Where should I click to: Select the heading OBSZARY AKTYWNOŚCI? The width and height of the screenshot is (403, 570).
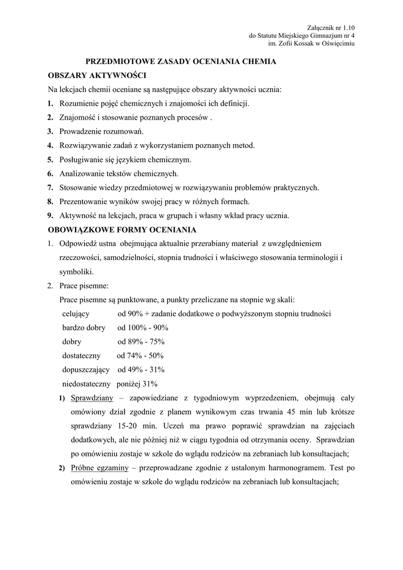(97, 75)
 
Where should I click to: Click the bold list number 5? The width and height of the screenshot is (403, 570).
(50, 159)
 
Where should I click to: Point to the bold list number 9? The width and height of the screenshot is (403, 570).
(50, 215)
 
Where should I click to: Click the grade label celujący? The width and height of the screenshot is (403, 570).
(76, 314)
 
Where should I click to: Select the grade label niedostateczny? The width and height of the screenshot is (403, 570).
(86, 384)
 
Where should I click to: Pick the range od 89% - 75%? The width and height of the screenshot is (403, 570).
(141, 342)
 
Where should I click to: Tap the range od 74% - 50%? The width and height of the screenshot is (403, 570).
(140, 356)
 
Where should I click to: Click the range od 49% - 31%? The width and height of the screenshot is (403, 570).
(141, 370)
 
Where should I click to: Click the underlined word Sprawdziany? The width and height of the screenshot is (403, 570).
(92, 398)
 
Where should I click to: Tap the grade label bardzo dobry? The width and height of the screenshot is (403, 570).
(84, 328)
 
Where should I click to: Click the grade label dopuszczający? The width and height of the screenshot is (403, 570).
(86, 370)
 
